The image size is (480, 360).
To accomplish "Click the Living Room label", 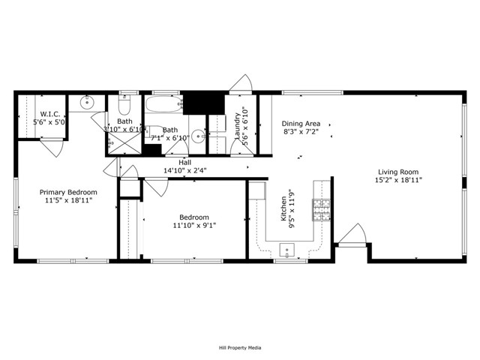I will click(398, 171).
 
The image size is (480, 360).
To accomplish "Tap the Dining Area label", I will click(301, 124).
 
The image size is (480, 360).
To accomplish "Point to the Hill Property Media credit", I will click(240, 348).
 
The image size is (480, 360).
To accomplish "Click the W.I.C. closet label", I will click(52, 113).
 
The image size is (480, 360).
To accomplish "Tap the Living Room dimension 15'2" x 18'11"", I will click(398, 180).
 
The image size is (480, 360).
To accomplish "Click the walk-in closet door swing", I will click(52, 146).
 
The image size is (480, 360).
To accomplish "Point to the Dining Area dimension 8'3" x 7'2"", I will click(301, 132).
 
